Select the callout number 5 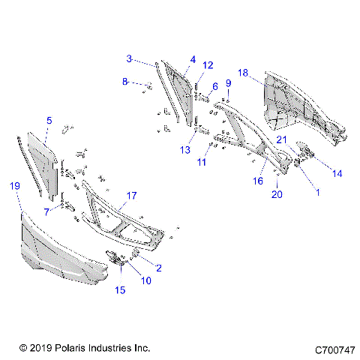[49, 119]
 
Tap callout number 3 [129, 58]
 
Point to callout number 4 [193, 59]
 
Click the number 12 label [208, 64]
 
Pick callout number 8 [126, 81]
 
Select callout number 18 [243, 72]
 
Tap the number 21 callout [282, 139]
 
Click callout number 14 [337, 173]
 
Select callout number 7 [46, 212]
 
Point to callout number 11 [202, 162]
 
